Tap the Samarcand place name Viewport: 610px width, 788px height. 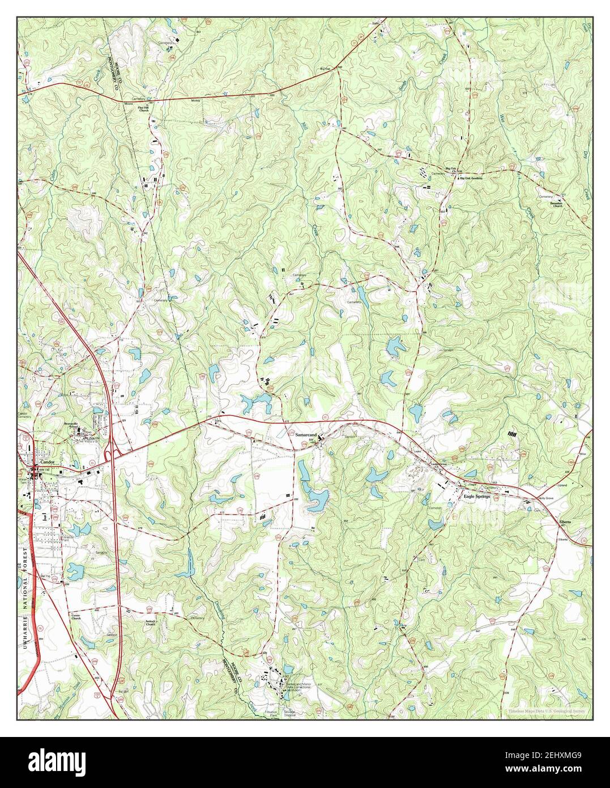tap(305, 435)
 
